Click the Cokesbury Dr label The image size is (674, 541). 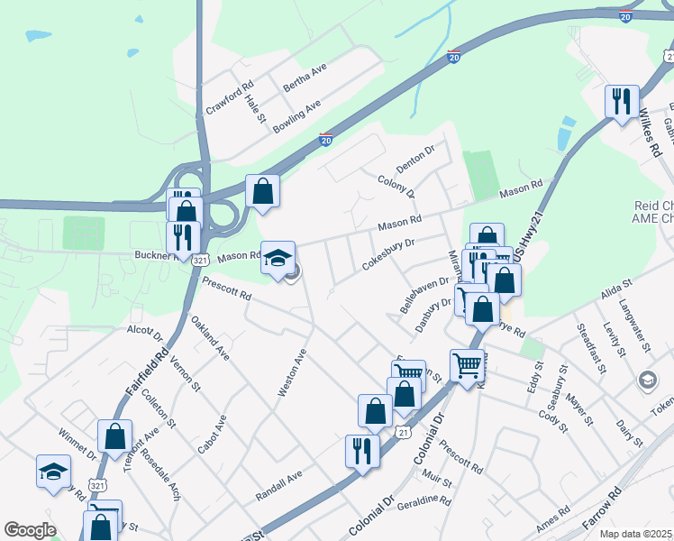click(x=387, y=253)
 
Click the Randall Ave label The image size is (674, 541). click(x=278, y=485)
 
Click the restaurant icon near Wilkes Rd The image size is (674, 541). click(x=622, y=102)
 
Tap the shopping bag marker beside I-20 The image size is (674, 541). click(x=262, y=191)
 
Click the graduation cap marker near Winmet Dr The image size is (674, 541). click(x=54, y=472)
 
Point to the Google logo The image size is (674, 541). click(x=30, y=530)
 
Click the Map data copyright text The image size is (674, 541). click(x=635, y=534)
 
